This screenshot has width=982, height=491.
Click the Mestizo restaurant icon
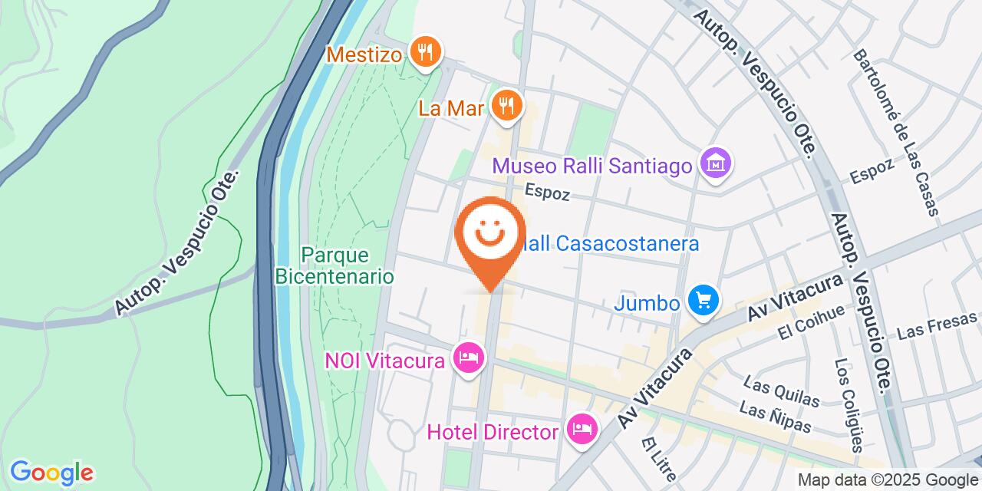tap(423, 54)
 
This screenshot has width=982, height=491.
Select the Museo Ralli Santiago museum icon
tap(716, 165)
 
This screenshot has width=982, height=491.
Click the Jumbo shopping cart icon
tap(703, 302)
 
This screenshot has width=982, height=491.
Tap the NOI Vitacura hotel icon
tap(468, 358)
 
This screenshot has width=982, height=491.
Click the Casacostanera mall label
tap(614, 244)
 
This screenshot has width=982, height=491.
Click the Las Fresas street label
tap(936, 325)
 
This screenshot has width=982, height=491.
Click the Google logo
tap(51, 472)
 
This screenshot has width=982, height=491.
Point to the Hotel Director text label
tap(493, 432)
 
